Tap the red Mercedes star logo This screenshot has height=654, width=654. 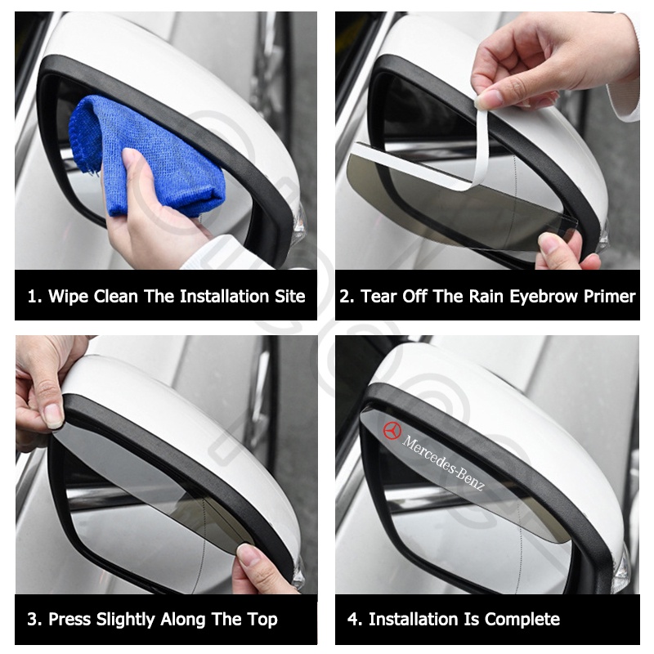[x=392, y=431]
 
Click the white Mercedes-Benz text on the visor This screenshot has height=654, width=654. [x=443, y=463]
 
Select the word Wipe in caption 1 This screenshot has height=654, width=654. [x=68, y=297]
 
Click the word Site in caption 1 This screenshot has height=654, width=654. [x=290, y=297]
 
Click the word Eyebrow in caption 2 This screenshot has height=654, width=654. [x=544, y=298]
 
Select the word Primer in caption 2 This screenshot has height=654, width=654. [x=609, y=297]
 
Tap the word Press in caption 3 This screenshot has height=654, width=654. [x=69, y=620]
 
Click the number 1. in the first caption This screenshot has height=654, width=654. [x=34, y=297]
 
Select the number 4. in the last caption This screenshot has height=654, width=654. [x=355, y=620]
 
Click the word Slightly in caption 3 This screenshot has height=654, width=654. [x=126, y=620]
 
